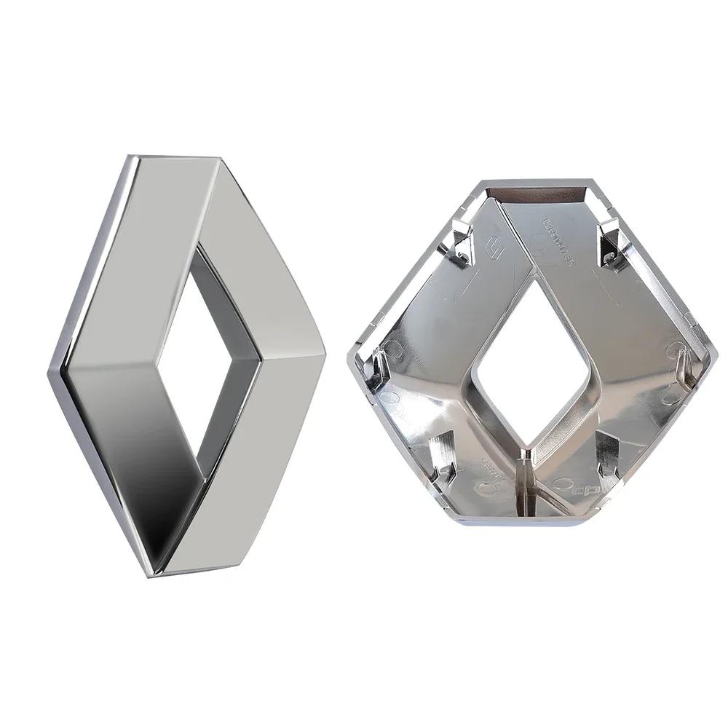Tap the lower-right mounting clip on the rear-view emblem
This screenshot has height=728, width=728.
tap(608, 451)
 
